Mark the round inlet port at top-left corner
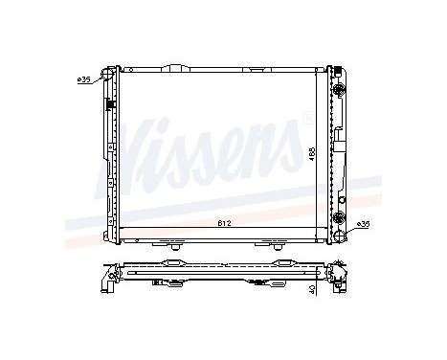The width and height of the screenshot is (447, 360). pos(108,74)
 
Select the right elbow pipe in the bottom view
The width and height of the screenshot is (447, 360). pos(339,280)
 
